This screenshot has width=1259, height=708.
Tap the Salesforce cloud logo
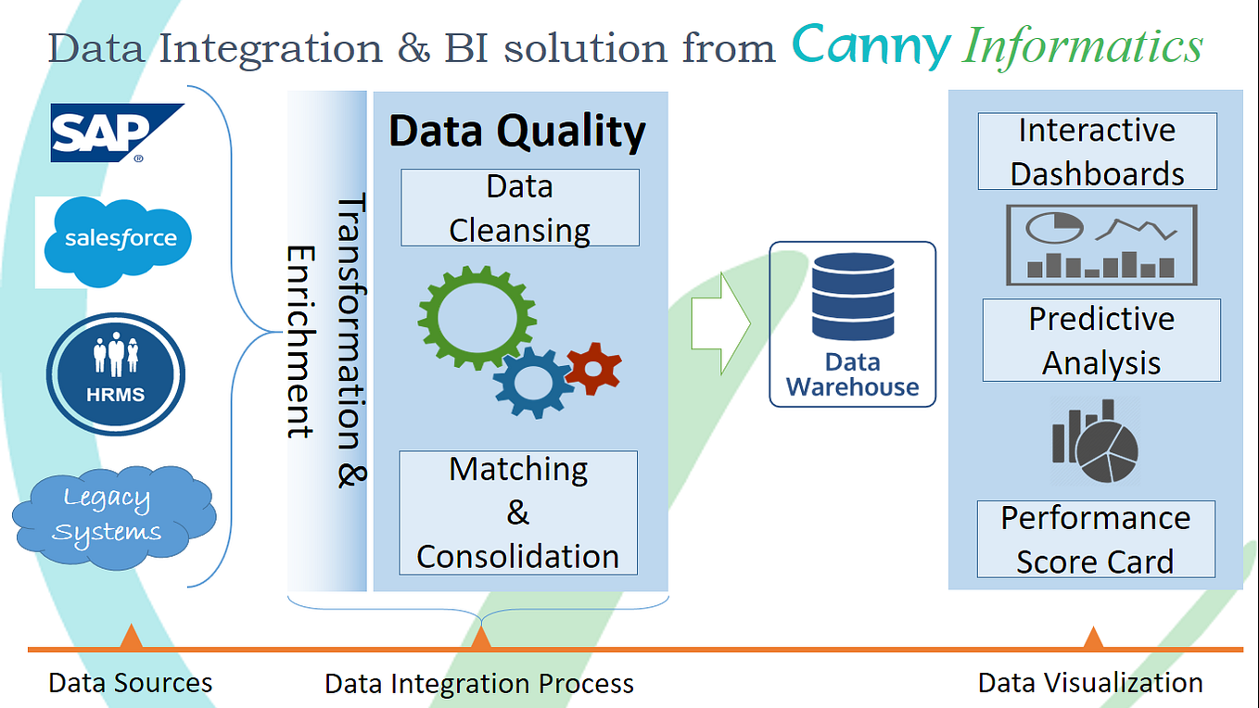pyautogui.click(x=118, y=242)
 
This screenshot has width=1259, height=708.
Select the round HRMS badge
pyautogui.click(x=116, y=374)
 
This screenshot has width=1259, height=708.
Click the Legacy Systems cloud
pyautogui.click(x=114, y=517)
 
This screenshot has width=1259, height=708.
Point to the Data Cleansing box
pyautogui.click(x=520, y=208)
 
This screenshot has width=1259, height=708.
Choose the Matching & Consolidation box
pyautogui.click(x=518, y=512)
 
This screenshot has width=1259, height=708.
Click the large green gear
pyautogui.click(x=477, y=318)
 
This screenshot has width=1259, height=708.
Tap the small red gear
pyautogui.click(x=593, y=369)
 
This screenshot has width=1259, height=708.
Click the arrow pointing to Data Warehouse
pyautogui.click(x=721, y=323)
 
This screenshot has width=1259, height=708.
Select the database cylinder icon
pyautogui.click(x=853, y=297)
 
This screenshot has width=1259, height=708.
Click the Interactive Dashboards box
pyautogui.click(x=1097, y=151)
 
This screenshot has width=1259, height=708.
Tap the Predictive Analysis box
pyautogui.click(x=1101, y=340)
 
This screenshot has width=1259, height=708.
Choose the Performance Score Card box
pyautogui.click(x=1096, y=539)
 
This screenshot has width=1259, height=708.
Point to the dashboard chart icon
pyautogui.click(x=1101, y=245)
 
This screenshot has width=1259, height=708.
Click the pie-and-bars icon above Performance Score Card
pyautogui.click(x=1096, y=441)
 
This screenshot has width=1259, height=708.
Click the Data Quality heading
pyautogui.click(x=517, y=132)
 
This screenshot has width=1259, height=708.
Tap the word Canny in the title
pyautogui.click(x=871, y=47)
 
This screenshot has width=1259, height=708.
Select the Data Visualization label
pyautogui.click(x=1090, y=683)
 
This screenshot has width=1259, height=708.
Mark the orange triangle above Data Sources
pyautogui.click(x=131, y=638)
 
